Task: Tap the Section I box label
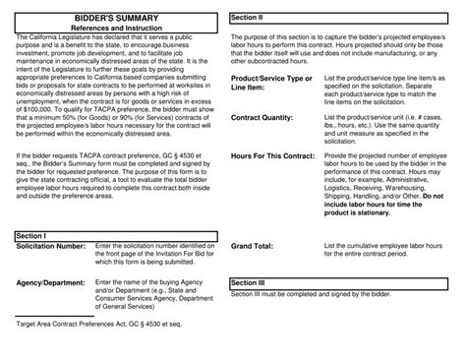[x=33, y=236]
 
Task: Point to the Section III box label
[x=248, y=282]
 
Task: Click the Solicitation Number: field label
[x=51, y=246]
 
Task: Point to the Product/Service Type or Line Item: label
[x=270, y=83]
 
